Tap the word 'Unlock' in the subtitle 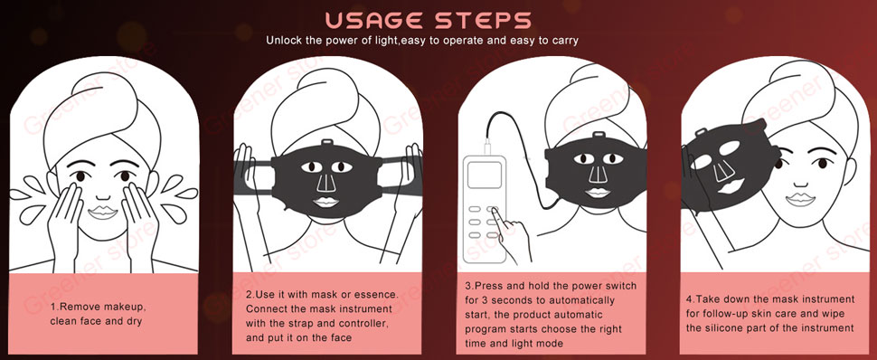click(x=282, y=41)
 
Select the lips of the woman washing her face click(x=103, y=213)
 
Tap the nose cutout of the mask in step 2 click(x=325, y=183)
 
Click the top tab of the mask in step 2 click(x=327, y=144)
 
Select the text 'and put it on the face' click(x=299, y=338)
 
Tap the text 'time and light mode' click(x=514, y=343)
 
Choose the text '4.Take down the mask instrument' click(x=770, y=299)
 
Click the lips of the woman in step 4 click(x=800, y=199)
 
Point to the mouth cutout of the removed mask click(x=731, y=185)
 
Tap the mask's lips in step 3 click(x=598, y=193)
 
